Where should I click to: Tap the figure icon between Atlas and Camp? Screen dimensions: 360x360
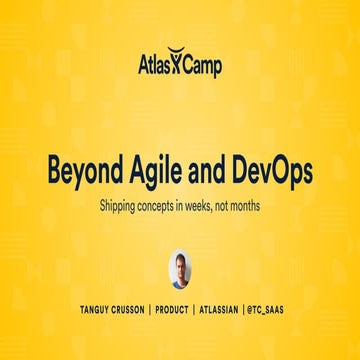[177, 65]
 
